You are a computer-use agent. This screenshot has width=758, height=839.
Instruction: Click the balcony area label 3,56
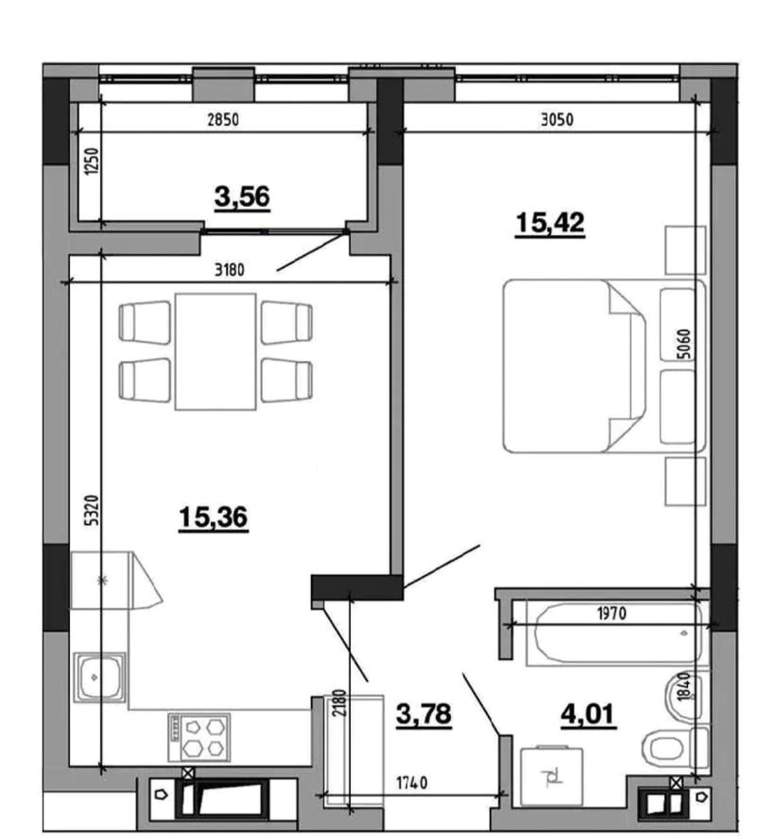click(x=242, y=197)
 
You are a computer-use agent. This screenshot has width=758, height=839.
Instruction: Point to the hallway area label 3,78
click(x=424, y=714)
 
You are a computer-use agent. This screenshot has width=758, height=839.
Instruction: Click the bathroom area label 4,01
click(x=588, y=714)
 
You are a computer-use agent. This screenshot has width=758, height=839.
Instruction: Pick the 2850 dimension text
click(x=223, y=120)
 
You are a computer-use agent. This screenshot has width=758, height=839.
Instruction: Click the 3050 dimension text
click(x=557, y=120)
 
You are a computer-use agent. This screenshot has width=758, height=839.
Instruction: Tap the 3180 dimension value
click(x=229, y=270)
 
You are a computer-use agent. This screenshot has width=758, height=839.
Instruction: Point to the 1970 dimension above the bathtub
click(x=612, y=614)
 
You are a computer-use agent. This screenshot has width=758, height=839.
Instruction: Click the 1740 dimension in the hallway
click(x=412, y=782)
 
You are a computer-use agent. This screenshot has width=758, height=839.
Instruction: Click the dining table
click(x=215, y=352)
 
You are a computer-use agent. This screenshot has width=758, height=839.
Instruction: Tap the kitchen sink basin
click(x=99, y=677)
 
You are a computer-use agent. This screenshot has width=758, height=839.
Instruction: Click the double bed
click(x=604, y=366)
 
